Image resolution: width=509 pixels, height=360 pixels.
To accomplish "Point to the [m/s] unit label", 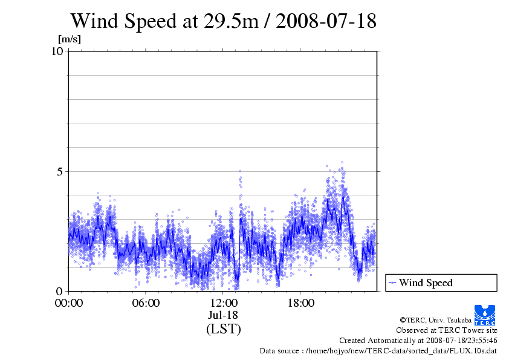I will [x=69, y=40].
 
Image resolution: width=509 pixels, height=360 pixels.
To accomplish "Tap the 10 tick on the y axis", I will [x=57, y=51].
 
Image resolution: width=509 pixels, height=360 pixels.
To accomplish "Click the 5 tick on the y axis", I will [x=60, y=171].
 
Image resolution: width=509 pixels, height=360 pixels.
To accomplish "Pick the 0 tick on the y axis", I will [x=60, y=291].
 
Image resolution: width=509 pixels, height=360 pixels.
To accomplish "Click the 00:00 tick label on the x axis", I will [x=68, y=303].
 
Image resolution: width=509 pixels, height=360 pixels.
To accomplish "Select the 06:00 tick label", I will [x=146, y=303].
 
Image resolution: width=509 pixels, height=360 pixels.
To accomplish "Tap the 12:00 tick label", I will [x=223, y=303].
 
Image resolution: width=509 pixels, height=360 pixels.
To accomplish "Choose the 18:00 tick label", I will [x=300, y=303].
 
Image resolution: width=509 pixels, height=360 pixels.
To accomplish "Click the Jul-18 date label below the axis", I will [x=223, y=315].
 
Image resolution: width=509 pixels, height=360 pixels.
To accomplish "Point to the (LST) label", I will [x=223, y=329].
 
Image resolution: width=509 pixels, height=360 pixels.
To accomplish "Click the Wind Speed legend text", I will [x=426, y=283].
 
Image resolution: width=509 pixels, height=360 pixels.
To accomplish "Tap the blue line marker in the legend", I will [x=392, y=283].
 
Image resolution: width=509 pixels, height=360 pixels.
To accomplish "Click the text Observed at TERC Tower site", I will [x=446, y=330].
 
